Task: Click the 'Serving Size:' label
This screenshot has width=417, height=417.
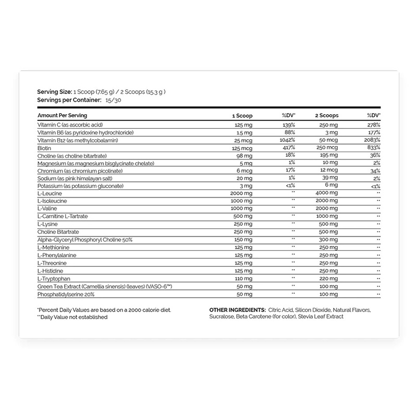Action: pos(55,91)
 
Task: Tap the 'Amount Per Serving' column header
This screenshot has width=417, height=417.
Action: pos(62,115)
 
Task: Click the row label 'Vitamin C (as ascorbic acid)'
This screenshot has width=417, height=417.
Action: pos(70,126)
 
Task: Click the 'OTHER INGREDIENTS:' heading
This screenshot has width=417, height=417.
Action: pos(237,310)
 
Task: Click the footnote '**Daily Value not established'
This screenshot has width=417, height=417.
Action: pos(72,317)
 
